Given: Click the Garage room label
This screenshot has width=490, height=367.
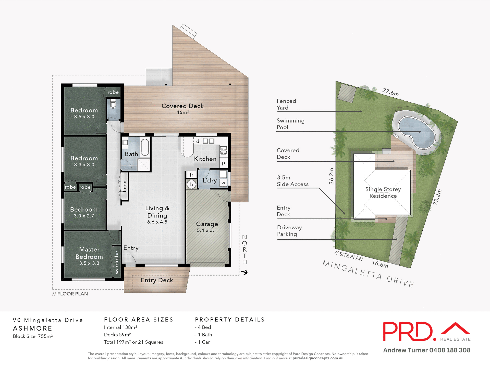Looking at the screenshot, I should (207, 224).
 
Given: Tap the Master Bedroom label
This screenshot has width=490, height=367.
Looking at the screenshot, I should (89, 253).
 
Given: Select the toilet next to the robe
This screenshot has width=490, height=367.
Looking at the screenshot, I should (113, 104).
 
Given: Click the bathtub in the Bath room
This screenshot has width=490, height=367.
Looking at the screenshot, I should (145, 147).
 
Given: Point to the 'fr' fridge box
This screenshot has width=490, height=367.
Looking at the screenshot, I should (191, 175).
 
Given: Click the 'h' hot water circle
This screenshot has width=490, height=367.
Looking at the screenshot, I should (191, 185).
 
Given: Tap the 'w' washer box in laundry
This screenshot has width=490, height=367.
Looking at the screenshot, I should (223, 183).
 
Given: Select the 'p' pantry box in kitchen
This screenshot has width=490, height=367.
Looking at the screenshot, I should (224, 163).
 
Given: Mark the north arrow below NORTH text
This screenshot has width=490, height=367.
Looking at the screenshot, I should (244, 272).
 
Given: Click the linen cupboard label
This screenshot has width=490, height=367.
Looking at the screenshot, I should (125, 186).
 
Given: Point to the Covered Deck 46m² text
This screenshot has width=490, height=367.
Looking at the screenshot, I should (182, 109).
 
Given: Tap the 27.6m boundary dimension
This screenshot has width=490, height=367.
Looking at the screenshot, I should (390, 92).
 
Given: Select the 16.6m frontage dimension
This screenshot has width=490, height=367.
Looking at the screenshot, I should (380, 264).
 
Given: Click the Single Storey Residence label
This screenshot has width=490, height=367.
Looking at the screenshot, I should (383, 192).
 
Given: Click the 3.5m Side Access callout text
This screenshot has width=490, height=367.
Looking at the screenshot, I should (293, 181).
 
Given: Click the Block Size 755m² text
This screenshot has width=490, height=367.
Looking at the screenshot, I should (33, 336).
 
